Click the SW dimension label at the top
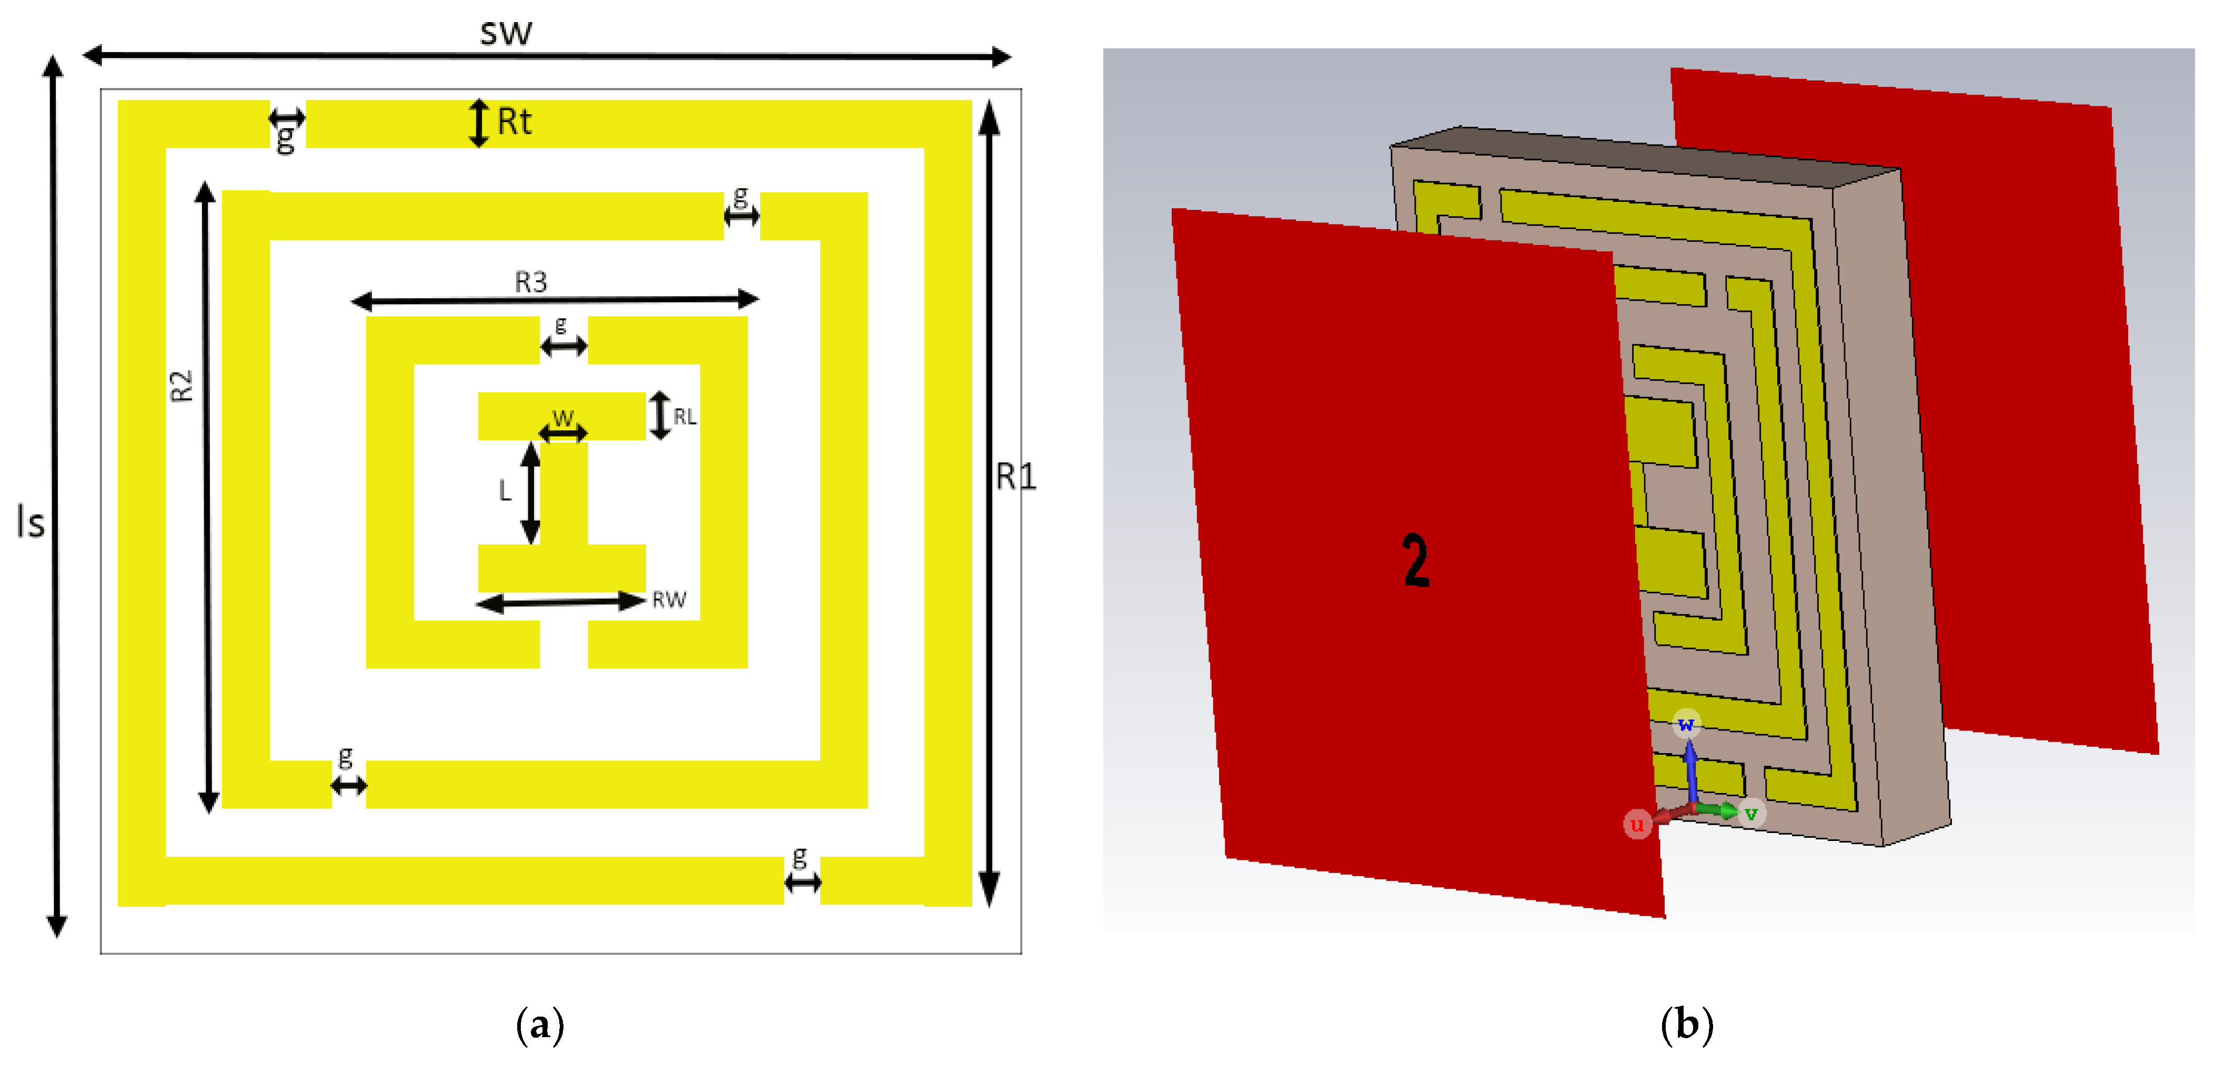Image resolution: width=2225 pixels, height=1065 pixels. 506,33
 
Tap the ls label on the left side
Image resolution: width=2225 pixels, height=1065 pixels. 30,522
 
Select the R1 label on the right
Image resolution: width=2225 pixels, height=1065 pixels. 1016,476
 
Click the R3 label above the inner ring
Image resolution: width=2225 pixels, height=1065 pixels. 531,281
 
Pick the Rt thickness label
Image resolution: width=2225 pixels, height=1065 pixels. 515,122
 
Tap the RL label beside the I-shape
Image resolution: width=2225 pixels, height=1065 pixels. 685,417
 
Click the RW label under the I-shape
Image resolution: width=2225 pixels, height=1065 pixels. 669,600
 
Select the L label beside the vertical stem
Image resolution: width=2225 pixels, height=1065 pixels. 505,491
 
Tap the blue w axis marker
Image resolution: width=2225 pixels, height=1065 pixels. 1686,723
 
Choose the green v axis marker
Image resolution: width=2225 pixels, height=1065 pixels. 1751,813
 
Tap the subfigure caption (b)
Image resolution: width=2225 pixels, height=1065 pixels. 1687,1025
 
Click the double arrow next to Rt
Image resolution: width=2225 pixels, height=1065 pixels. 478,123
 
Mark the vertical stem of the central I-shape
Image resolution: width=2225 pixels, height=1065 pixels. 563,492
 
